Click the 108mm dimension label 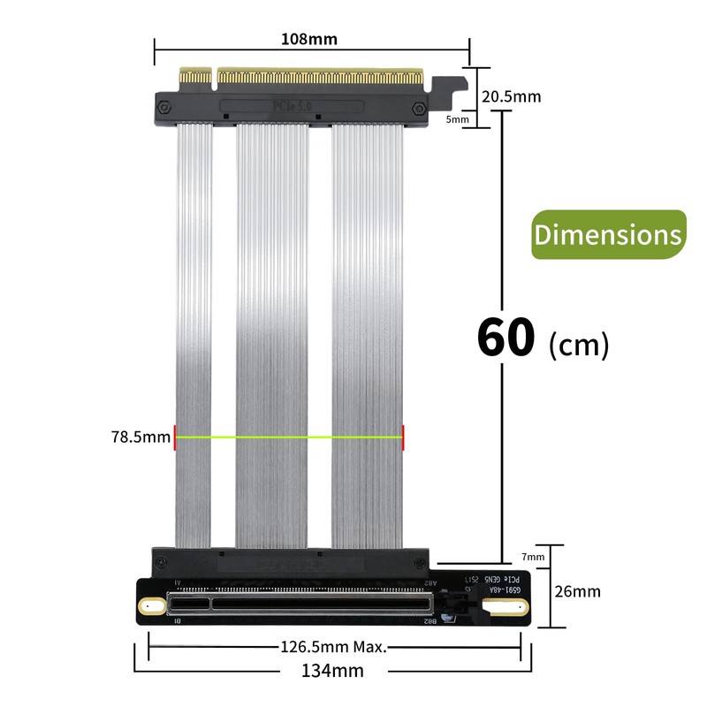[x=308, y=39]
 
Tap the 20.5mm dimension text [x=510, y=96]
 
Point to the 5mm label [x=458, y=118]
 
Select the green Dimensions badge [x=608, y=235]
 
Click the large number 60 [x=506, y=337]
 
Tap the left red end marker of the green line [x=175, y=436]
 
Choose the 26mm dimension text [x=575, y=590]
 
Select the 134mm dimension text [x=331, y=671]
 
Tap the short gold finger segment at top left [x=197, y=78]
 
